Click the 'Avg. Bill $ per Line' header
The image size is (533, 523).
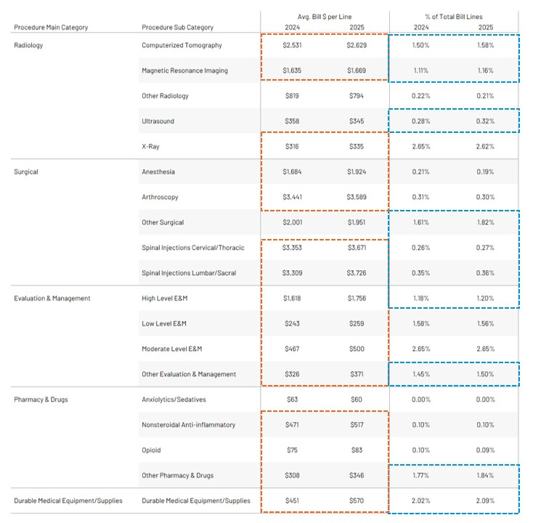[x=325, y=15]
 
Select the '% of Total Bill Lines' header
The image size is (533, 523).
[x=455, y=15]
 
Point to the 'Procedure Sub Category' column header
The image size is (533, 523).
[x=178, y=28]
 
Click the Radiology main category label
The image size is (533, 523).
[x=28, y=45]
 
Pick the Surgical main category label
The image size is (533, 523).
[x=26, y=172]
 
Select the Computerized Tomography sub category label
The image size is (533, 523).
[x=182, y=45]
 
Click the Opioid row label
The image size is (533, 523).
[x=152, y=450]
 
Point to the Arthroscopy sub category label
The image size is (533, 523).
[x=160, y=198]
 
